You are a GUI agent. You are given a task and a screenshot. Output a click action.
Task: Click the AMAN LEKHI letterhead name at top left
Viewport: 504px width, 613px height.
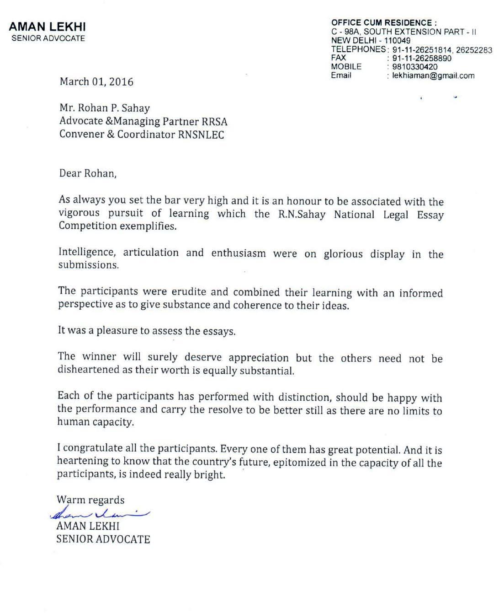tap(48, 27)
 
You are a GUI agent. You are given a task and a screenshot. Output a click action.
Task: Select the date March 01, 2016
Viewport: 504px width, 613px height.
tap(96, 82)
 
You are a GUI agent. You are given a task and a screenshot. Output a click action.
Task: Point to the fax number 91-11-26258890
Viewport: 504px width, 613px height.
tap(422, 59)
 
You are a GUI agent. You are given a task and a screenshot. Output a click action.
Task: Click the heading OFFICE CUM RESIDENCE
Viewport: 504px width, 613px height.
tap(384, 22)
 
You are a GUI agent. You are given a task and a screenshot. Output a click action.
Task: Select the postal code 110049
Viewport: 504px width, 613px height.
tap(397, 41)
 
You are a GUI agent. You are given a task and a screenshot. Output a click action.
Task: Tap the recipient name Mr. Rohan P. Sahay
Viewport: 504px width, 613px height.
tap(105, 108)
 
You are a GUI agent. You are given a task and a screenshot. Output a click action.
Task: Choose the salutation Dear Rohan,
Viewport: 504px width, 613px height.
tap(88, 173)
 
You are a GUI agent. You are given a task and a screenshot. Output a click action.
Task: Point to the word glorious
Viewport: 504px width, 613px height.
tap(343, 254)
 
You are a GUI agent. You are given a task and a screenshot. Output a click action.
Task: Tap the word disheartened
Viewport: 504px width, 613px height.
tap(89, 370)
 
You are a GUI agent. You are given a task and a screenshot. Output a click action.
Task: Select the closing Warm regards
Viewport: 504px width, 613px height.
tap(90, 500)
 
